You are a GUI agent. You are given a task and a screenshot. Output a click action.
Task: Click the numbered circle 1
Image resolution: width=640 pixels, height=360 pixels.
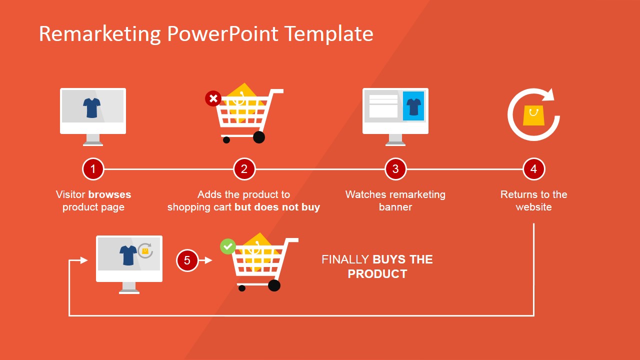(93, 169)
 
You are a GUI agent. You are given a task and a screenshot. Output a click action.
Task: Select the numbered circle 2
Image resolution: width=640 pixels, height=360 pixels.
(244, 169)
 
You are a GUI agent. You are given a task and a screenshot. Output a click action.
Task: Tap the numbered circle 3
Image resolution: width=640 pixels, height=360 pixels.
(395, 169)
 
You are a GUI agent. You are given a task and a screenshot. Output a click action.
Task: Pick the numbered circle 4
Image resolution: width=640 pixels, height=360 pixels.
(533, 169)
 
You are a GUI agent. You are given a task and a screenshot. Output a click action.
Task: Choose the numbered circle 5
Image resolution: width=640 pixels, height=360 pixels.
(187, 260)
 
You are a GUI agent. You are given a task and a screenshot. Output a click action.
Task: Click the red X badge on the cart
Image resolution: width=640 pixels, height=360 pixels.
(213, 98)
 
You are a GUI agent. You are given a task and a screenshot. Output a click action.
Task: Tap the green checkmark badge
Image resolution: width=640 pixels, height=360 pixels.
(227, 246)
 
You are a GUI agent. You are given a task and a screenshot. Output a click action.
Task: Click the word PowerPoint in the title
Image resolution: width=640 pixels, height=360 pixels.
(222, 34)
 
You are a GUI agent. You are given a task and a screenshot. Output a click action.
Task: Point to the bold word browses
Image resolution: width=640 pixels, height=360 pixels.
(109, 194)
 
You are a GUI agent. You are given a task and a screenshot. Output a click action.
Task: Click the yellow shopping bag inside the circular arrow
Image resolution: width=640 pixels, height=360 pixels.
(533, 115)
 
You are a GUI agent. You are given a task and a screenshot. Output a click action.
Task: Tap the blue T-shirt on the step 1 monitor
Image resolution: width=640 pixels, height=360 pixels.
(91, 108)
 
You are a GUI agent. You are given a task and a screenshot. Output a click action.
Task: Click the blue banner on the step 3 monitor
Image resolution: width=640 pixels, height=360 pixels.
(413, 106)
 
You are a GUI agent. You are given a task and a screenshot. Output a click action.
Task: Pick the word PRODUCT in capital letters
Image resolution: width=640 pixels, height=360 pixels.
(377, 274)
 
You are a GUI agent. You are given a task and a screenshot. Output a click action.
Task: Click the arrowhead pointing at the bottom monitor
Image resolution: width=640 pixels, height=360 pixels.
(84, 260)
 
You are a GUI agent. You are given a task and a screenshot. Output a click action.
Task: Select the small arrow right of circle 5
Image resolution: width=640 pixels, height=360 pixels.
(205, 260)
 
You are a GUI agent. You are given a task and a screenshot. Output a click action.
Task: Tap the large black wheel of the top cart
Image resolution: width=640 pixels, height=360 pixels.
(259, 137)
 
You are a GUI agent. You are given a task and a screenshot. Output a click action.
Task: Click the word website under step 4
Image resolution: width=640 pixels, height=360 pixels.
(533, 207)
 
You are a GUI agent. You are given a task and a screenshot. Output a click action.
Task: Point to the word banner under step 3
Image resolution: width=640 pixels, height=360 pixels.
(395, 207)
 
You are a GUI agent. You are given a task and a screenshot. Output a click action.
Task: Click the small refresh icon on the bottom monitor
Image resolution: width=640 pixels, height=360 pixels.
(145, 251)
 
